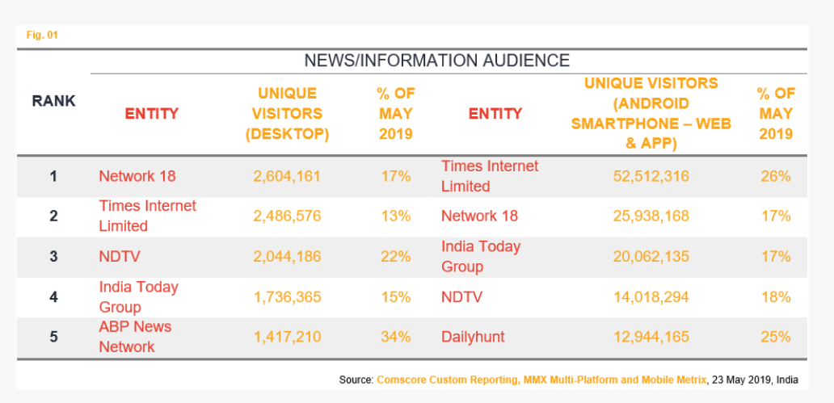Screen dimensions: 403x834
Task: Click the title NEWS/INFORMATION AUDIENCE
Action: click(x=436, y=61)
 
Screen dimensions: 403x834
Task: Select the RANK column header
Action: click(x=54, y=101)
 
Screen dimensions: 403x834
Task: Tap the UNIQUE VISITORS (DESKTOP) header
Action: click(x=287, y=114)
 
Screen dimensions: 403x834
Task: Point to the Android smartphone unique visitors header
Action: click(x=651, y=114)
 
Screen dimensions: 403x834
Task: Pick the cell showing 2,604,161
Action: click(x=287, y=176)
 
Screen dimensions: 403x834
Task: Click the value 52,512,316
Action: click(x=651, y=176)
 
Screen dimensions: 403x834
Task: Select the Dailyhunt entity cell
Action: click(x=473, y=337)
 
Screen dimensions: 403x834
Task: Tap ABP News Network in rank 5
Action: click(x=135, y=337)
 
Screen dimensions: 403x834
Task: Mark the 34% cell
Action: click(x=396, y=337)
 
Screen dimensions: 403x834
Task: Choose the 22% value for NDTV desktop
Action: click(x=396, y=257)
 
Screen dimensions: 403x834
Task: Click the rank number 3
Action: click(x=54, y=257)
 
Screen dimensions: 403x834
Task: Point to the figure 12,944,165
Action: click(x=651, y=337)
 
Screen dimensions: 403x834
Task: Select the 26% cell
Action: click(x=775, y=176)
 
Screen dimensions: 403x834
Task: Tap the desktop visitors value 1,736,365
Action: click(x=287, y=297)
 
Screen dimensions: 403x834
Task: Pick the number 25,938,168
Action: click(x=651, y=216)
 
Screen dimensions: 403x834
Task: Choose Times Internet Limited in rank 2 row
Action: click(x=147, y=216)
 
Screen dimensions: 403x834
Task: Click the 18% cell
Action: click(x=775, y=297)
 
